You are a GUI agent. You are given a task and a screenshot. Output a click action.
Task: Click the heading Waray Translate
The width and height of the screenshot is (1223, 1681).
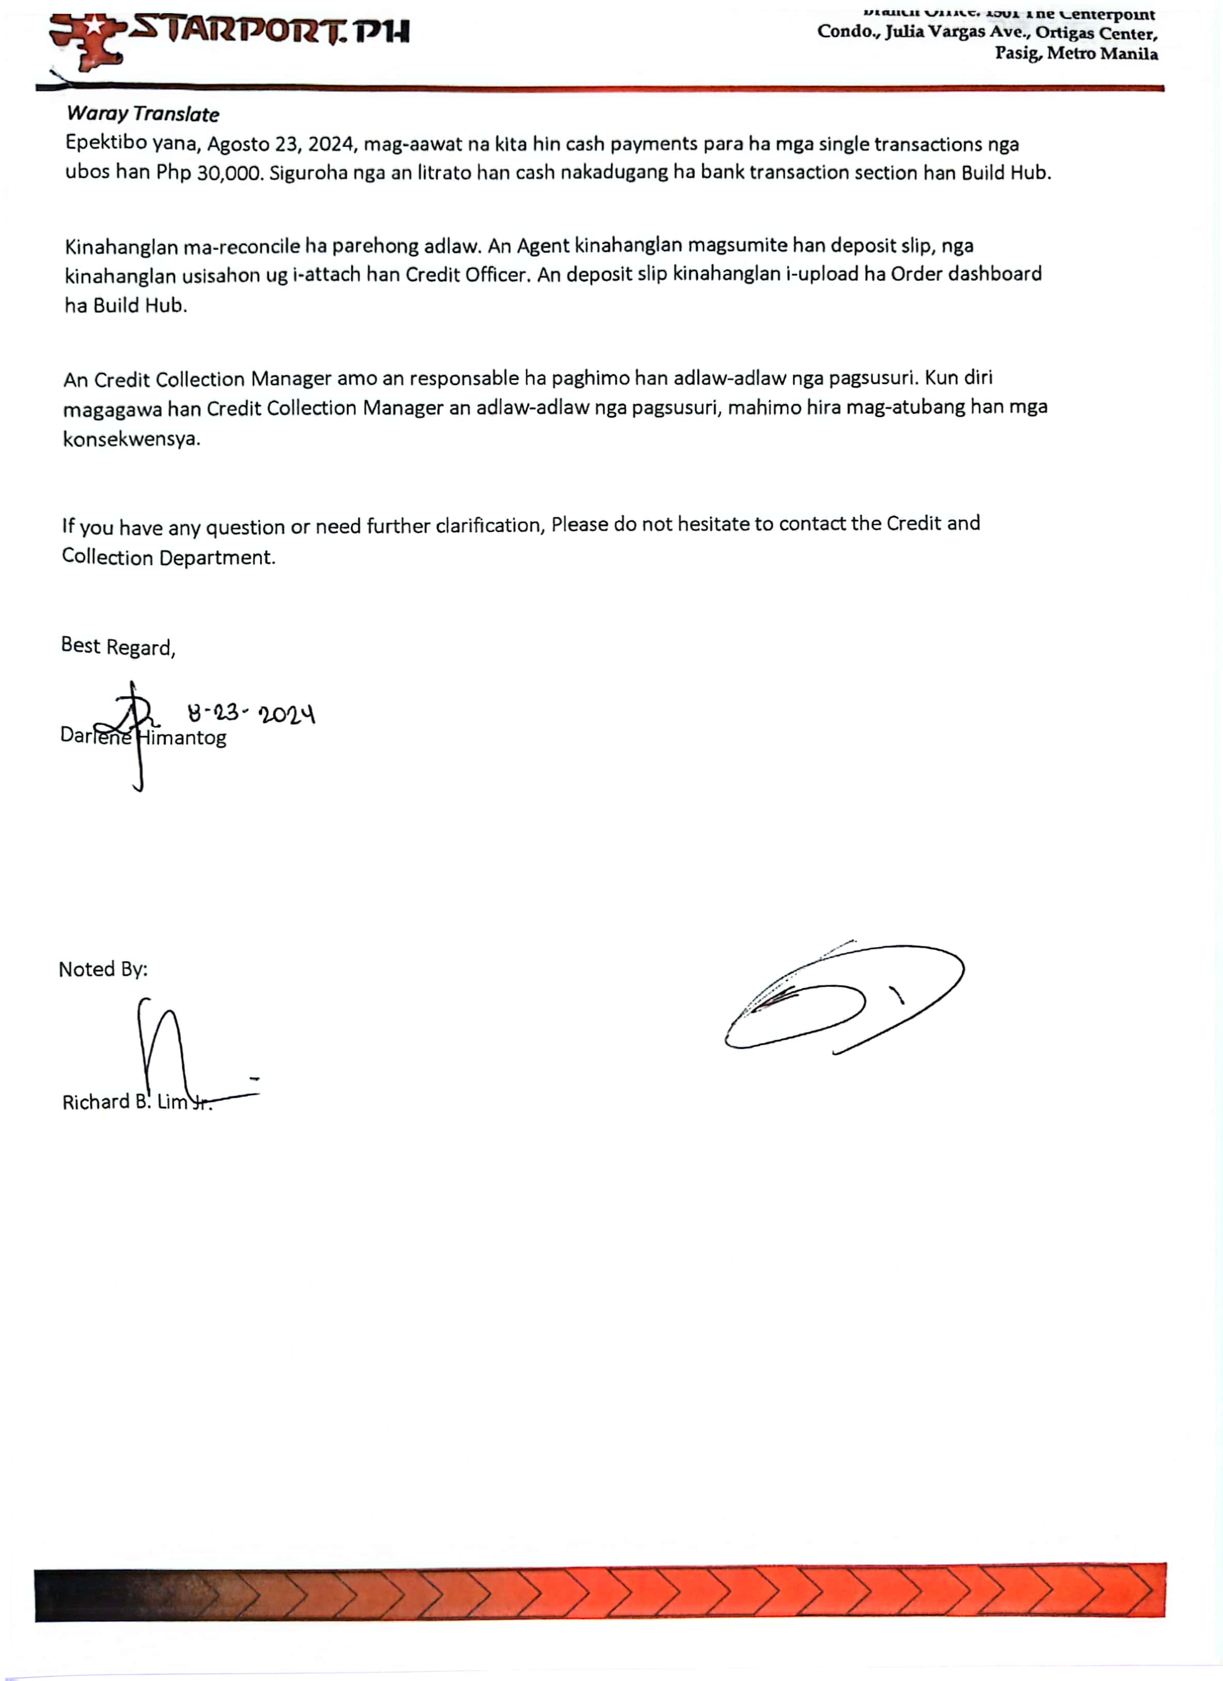point(142,114)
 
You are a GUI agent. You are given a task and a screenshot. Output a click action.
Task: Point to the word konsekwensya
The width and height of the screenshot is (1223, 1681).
point(131,439)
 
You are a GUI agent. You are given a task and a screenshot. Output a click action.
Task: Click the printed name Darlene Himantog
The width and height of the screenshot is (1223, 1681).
point(143,737)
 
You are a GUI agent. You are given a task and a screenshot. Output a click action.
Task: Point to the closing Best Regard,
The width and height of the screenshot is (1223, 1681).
point(118,646)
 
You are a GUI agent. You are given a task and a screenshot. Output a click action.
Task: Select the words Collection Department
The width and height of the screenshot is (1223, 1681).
point(168,558)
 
